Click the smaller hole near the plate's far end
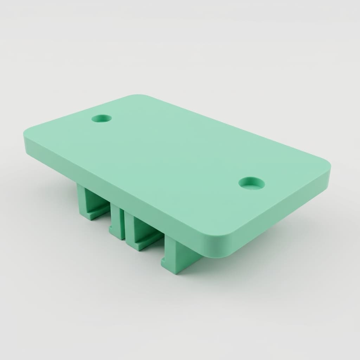[x=102, y=118]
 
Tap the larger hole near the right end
[x=252, y=183]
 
